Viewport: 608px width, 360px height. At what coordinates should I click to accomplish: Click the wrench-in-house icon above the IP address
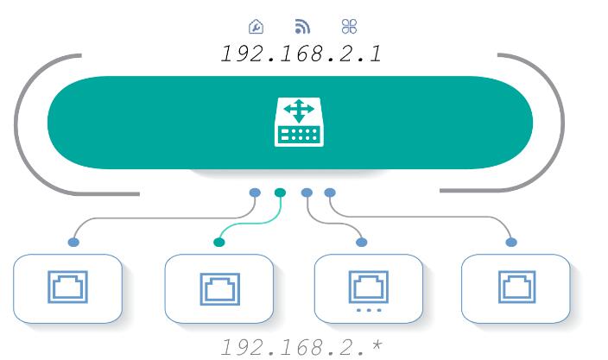click(256, 27)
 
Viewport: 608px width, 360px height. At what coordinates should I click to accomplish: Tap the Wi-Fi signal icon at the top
click(302, 27)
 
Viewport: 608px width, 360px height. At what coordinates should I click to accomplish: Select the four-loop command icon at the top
click(350, 27)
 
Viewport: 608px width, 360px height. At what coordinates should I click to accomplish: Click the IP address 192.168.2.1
click(301, 54)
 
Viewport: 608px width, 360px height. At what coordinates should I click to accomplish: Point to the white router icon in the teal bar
click(299, 122)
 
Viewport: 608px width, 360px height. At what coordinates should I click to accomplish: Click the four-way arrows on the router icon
click(299, 111)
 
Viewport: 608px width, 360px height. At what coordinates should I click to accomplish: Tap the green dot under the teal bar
click(280, 193)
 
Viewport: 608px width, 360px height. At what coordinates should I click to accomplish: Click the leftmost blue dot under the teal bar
click(255, 193)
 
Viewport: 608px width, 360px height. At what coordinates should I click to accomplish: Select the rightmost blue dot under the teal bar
click(330, 193)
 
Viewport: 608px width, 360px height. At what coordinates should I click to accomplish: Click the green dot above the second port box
click(219, 243)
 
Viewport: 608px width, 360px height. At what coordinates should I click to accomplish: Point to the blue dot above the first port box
click(73, 243)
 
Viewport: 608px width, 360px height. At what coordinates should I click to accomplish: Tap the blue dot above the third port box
click(361, 243)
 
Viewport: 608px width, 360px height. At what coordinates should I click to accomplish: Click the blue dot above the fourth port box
click(511, 243)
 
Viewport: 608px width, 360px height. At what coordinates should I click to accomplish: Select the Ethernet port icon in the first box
click(68, 287)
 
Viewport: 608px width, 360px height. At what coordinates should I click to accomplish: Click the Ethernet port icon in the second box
click(220, 289)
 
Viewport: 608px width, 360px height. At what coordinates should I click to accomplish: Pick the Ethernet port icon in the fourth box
click(516, 287)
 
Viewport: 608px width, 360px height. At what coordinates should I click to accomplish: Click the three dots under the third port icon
click(369, 310)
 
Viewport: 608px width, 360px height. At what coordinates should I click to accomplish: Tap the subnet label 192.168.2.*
click(301, 347)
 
